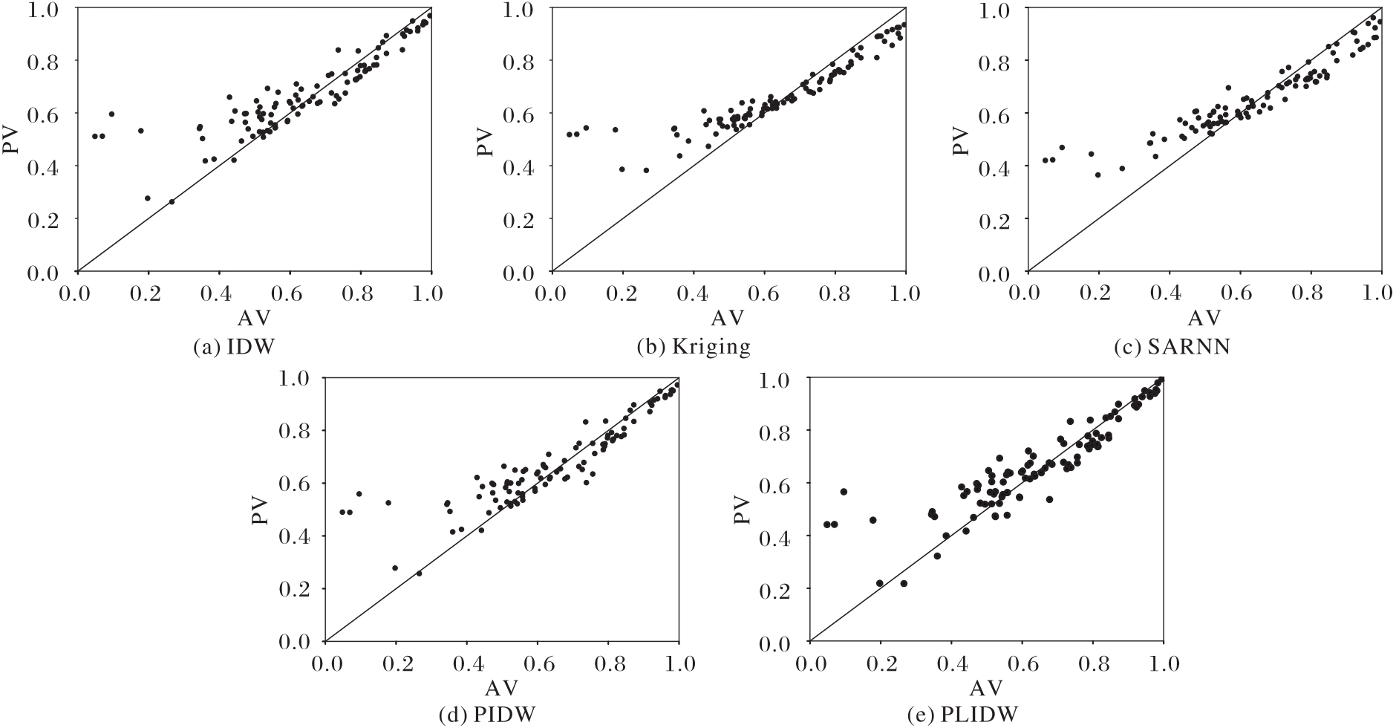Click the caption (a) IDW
click(226, 347)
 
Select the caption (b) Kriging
click(694, 347)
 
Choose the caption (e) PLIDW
click(962, 715)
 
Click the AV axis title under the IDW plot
click(254, 318)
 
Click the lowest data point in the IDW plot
click(172, 201)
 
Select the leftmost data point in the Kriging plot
click(569, 134)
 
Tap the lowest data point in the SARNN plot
click(1097, 175)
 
